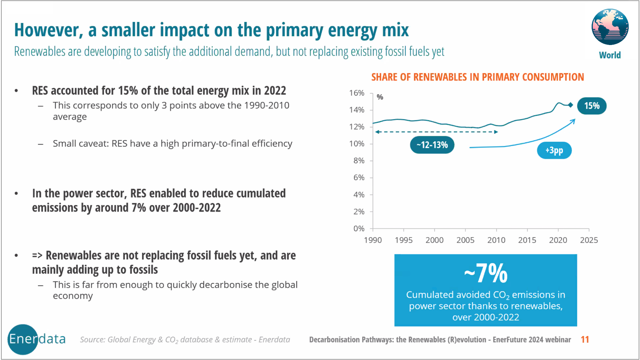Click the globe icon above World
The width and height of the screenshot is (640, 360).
[610, 27]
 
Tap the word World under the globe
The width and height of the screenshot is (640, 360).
[610, 55]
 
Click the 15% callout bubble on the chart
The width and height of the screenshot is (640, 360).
[592, 106]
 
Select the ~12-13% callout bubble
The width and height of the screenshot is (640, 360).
[432, 145]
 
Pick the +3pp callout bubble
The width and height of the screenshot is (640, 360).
[554, 150]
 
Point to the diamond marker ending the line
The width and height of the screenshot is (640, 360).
[570, 105]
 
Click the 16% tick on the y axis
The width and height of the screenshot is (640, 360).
[357, 93]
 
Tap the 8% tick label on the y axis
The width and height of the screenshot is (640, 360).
[359, 161]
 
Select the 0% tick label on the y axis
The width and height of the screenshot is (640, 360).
[359, 229]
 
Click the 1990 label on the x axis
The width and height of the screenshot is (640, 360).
[373, 240]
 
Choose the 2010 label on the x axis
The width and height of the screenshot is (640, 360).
[496, 240]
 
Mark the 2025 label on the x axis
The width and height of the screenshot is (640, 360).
[589, 240]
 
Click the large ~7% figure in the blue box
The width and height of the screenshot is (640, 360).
[486, 273]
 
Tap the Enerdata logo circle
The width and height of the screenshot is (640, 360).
[23, 339]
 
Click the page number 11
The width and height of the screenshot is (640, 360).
[585, 339]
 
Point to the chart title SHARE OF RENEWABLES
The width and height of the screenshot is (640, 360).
[477, 77]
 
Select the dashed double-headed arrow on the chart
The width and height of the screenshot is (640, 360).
[436, 132]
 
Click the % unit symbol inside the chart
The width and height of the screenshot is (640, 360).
[380, 97]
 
